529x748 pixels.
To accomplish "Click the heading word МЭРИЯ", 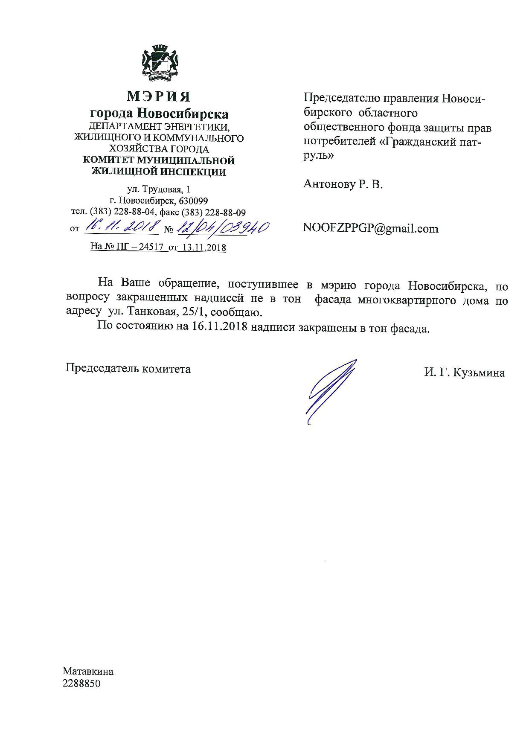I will pos(158,97).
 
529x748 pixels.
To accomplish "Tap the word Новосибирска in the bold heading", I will pos(182,114).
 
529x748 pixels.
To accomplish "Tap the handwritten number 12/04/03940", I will pos(222,228).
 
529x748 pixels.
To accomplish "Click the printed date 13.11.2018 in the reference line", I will pos(202,247).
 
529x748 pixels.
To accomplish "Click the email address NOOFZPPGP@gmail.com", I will pos(370,229).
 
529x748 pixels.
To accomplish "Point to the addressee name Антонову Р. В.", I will pos(343,184).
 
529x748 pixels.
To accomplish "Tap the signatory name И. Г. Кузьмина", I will pos(464,373).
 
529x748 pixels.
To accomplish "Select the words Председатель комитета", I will pos(128,368).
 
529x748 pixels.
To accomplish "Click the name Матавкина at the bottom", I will pos(88,671).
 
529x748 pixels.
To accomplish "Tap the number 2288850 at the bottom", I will pos(81,683).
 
